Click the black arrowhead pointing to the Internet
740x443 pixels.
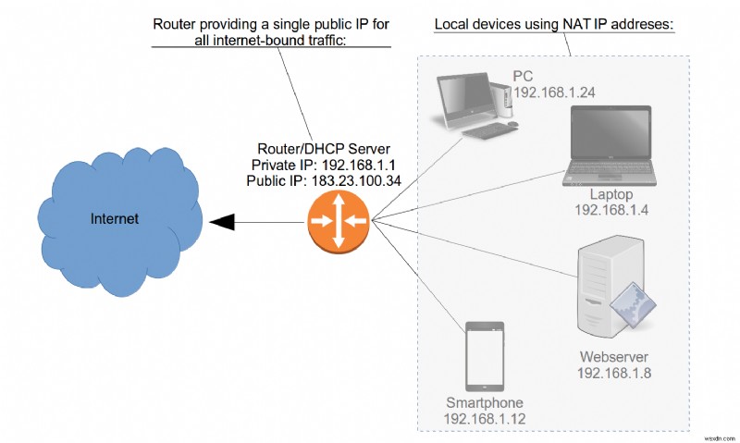[222, 221]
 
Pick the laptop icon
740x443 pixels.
[610, 143]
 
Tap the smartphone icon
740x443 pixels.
[483, 356]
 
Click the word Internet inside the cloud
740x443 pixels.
[115, 219]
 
